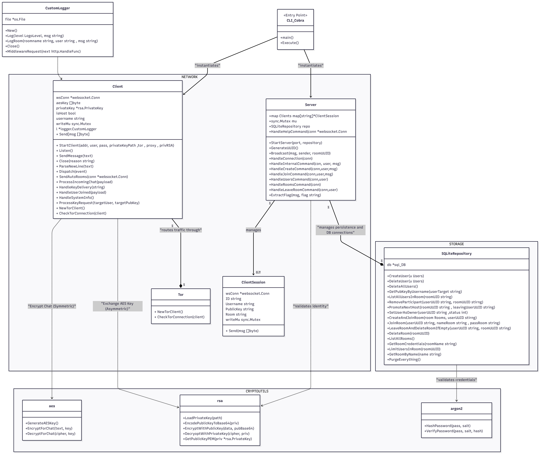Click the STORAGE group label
[456, 244]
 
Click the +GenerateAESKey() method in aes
[42, 423]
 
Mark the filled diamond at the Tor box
[181, 286]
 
